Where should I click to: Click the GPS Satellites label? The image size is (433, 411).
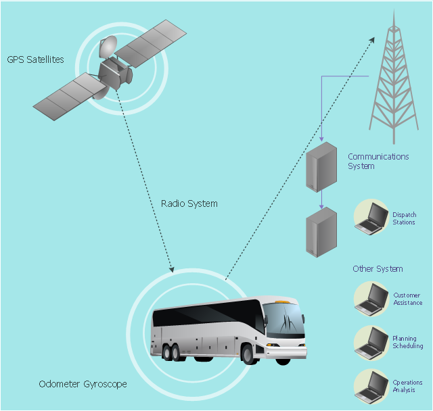pos(36,59)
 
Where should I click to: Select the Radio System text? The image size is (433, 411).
pos(189,203)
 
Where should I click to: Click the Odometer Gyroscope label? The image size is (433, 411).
pos(83,385)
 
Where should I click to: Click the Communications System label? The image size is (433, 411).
pos(378,162)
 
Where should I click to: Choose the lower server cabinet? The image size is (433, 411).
pos(321,232)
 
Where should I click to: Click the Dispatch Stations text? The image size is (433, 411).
pos(404,218)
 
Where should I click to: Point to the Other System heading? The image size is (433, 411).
pos(378,269)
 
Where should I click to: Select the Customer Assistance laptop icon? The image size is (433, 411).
pos(371,299)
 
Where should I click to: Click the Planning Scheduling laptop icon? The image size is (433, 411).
pos(371,342)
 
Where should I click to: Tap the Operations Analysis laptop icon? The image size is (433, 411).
pos(371,386)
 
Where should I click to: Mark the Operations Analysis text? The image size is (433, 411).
pos(407,387)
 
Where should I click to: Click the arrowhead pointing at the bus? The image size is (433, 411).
pos(172,270)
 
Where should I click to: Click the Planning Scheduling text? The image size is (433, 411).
pos(407,343)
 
